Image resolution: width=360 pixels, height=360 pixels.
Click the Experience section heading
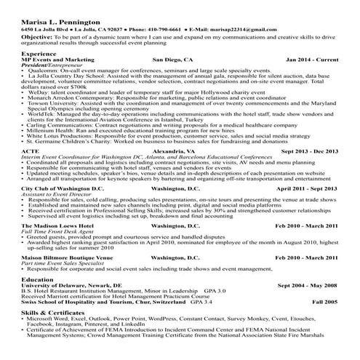tap(39, 54)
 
